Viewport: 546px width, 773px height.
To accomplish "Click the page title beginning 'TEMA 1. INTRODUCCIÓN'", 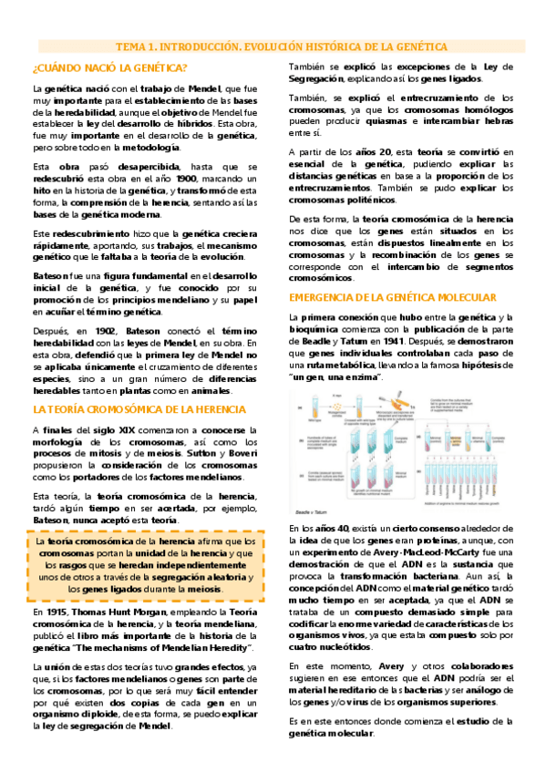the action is point(281,46).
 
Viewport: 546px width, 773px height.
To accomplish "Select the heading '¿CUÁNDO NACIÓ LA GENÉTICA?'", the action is point(109,68).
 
